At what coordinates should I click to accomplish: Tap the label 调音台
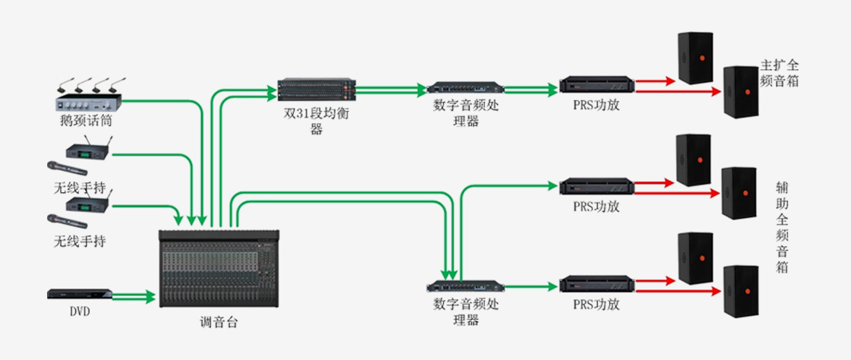pos(219,323)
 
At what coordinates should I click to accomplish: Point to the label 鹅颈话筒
pos(80,119)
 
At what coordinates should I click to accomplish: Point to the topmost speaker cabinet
pos(696,57)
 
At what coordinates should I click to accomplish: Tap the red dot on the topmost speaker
pos(703,58)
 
